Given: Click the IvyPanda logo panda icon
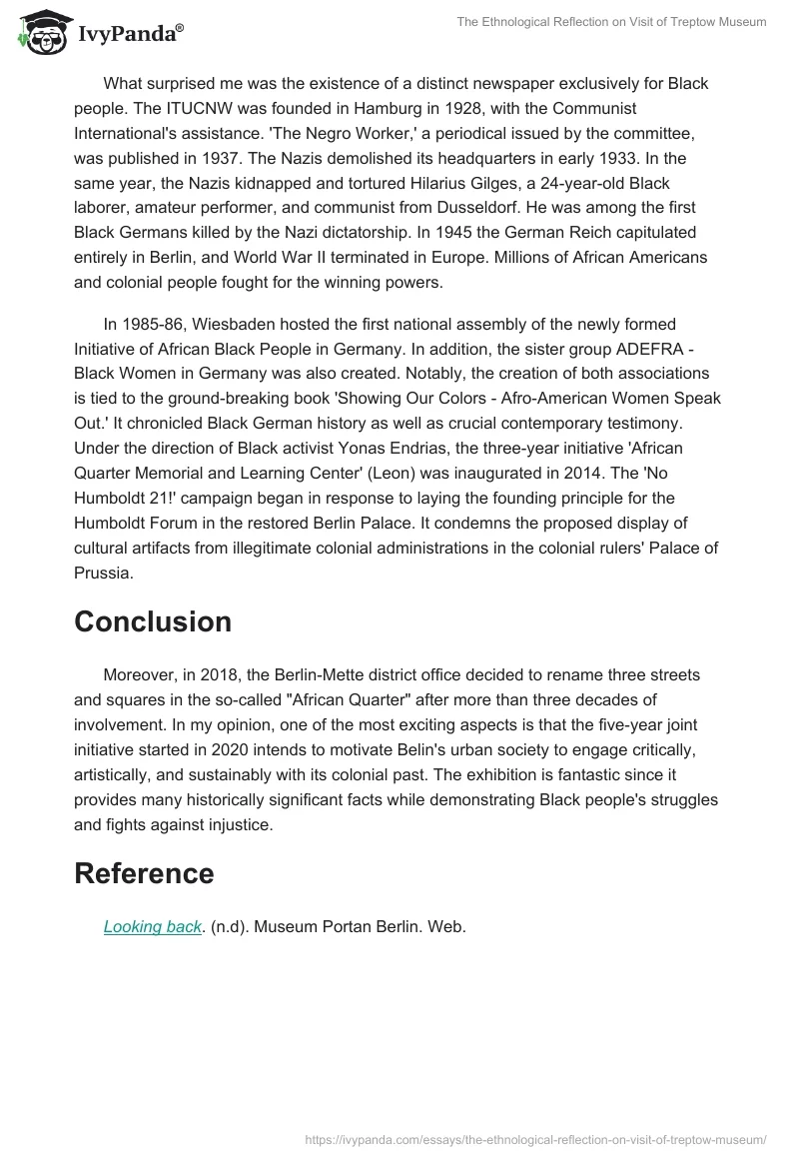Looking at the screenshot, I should point(39,32).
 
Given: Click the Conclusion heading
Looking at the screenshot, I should point(153,621).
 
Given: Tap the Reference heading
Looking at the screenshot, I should point(144,873).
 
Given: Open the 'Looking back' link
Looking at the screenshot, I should point(153,926).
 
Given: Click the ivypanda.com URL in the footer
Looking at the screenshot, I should point(535,1139).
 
